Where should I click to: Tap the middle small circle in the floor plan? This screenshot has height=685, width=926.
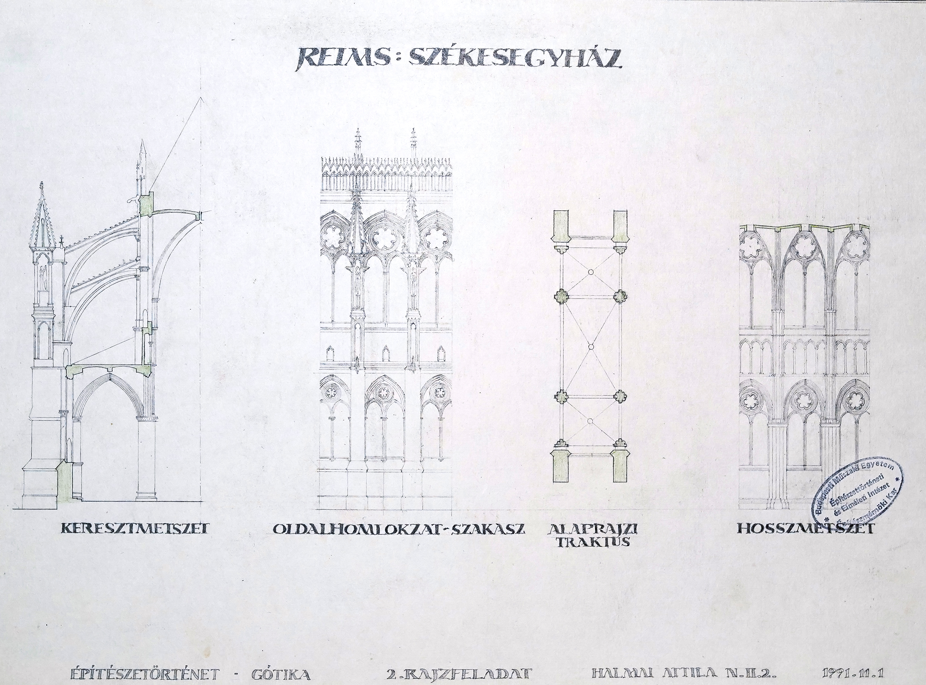point(591,347)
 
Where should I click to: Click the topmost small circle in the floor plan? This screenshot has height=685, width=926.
point(591,272)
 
